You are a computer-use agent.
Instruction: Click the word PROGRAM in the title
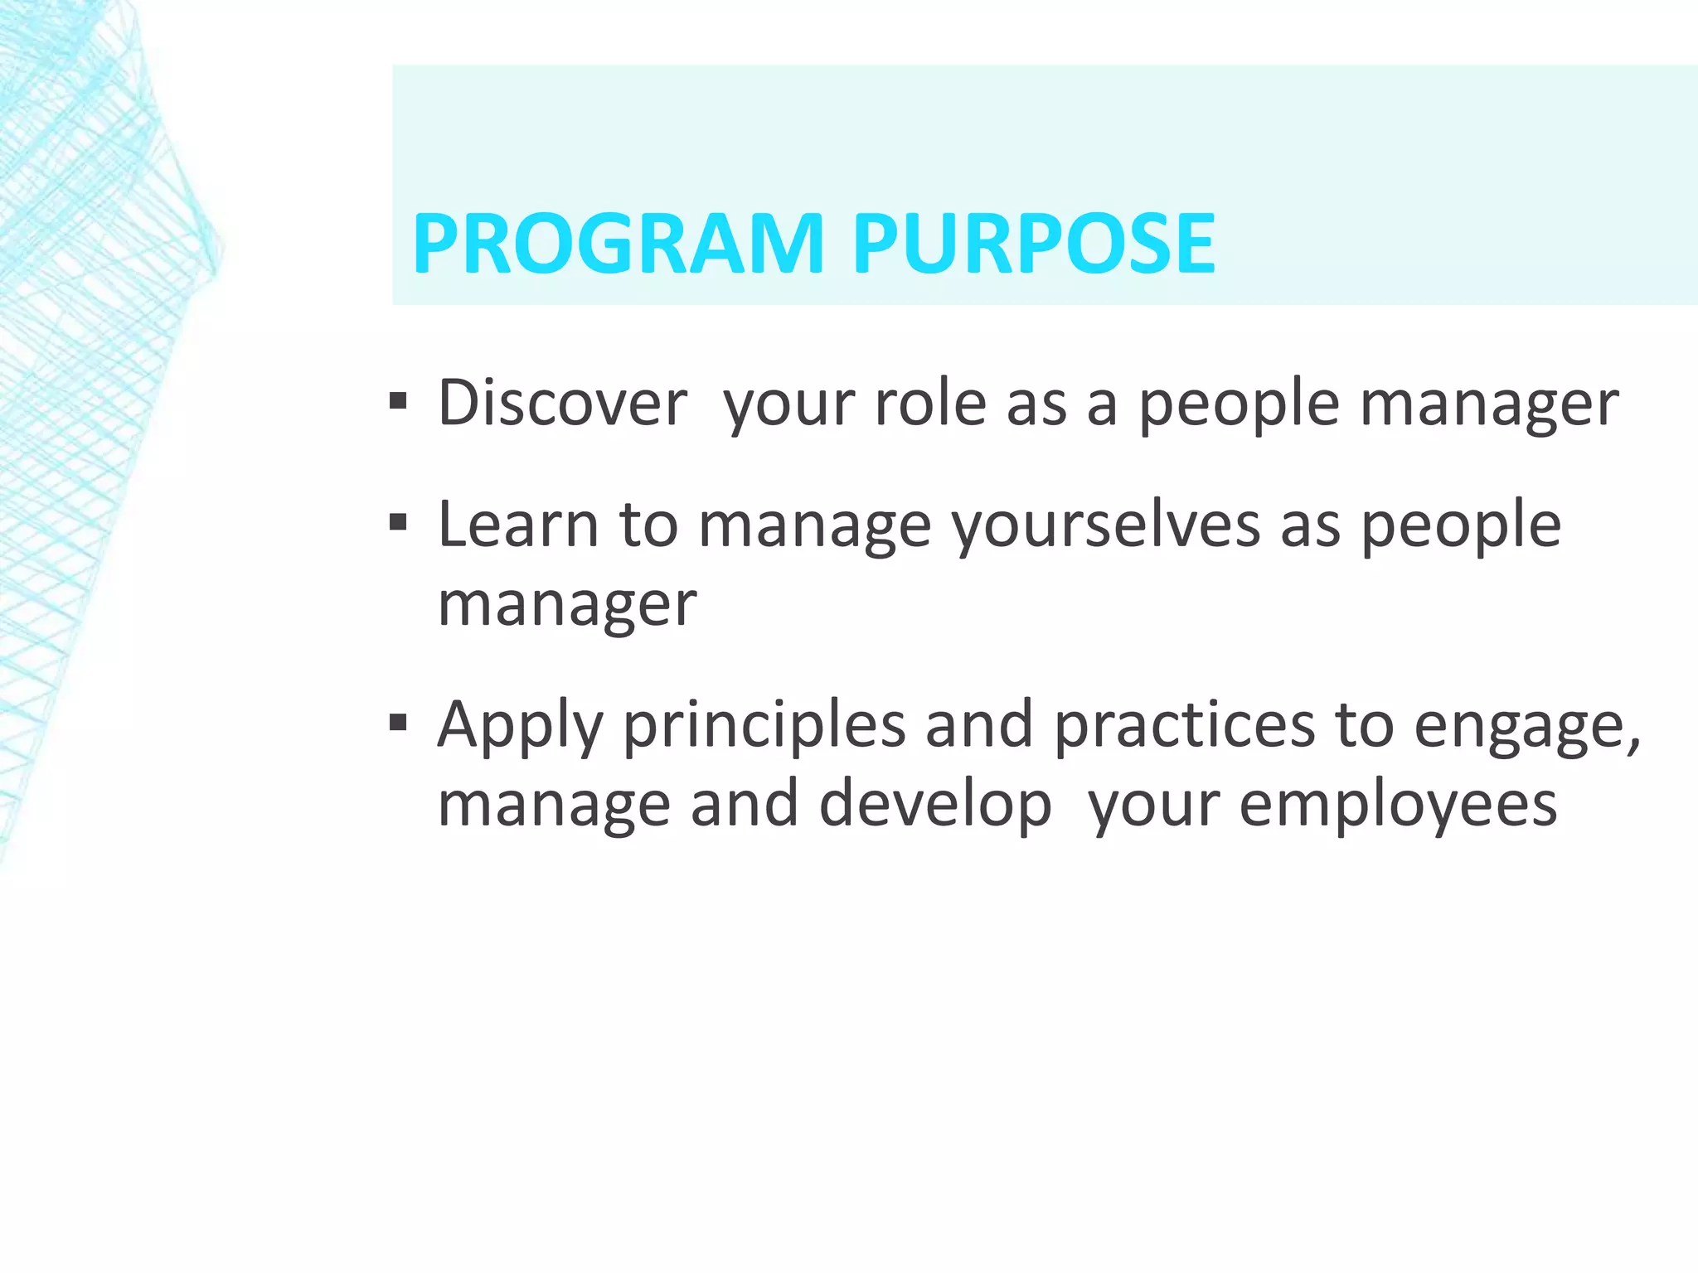[618, 244]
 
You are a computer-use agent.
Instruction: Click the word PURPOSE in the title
[1034, 244]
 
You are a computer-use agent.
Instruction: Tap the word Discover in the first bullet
[562, 403]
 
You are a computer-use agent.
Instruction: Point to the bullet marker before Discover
[398, 403]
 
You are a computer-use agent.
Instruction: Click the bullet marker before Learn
[398, 524]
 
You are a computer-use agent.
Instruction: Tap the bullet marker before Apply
[398, 724]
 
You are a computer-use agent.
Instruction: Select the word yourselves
[1105, 525]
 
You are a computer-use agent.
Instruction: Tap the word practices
[1184, 724]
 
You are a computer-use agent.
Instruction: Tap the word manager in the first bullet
[1489, 404]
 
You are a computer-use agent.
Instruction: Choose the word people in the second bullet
[1461, 525]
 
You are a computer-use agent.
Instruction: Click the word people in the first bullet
[1239, 404]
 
